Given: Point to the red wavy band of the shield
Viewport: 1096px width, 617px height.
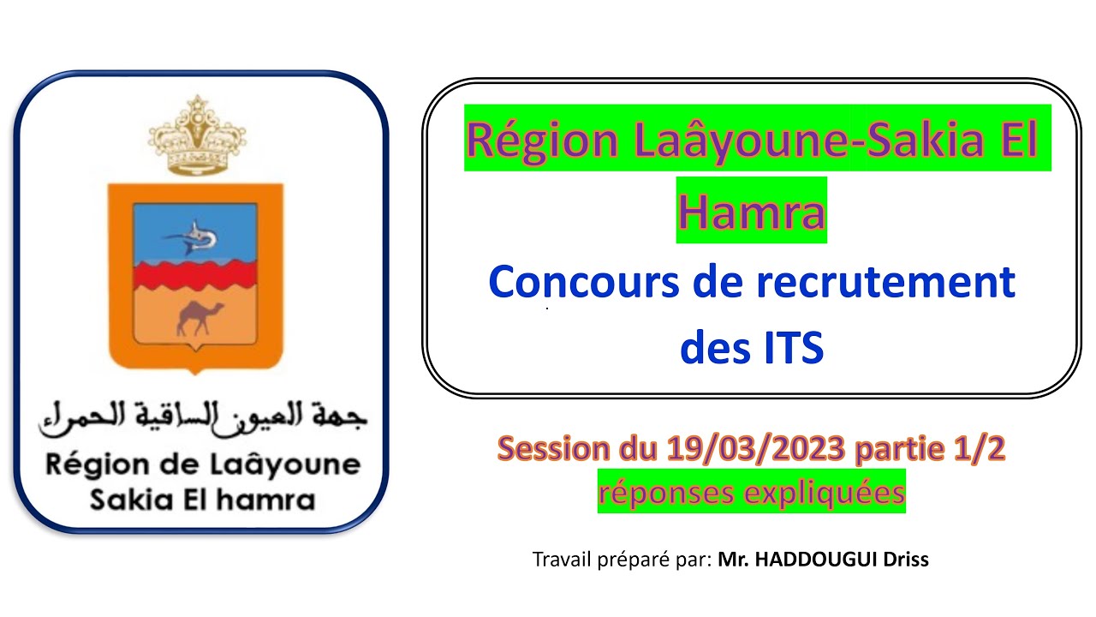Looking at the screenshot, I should (x=195, y=273).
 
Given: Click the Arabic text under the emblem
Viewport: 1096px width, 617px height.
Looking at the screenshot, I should (x=202, y=417).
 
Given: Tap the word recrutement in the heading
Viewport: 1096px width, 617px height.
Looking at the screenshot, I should (x=885, y=283).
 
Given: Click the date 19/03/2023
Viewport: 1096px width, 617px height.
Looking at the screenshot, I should (x=758, y=448).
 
